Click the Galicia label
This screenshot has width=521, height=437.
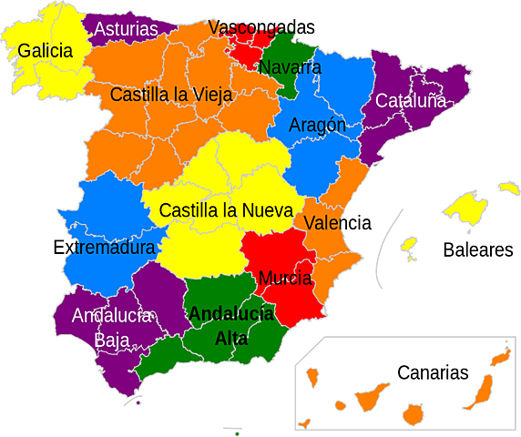point(45,51)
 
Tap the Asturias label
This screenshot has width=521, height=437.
point(126,29)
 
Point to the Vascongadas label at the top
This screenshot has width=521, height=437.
point(250,27)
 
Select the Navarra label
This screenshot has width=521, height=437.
point(290,67)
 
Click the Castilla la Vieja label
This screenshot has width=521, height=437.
point(171,94)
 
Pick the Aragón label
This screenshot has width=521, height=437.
point(317,126)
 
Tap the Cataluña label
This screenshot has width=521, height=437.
point(411,100)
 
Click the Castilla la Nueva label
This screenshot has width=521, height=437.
point(224,210)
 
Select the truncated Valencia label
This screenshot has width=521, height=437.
point(324,223)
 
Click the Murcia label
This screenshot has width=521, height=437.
point(285,278)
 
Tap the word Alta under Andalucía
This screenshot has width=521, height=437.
point(231,338)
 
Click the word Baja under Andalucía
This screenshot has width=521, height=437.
point(112,340)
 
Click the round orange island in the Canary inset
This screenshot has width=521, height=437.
point(414,414)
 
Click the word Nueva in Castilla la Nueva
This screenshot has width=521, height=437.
point(266,210)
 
